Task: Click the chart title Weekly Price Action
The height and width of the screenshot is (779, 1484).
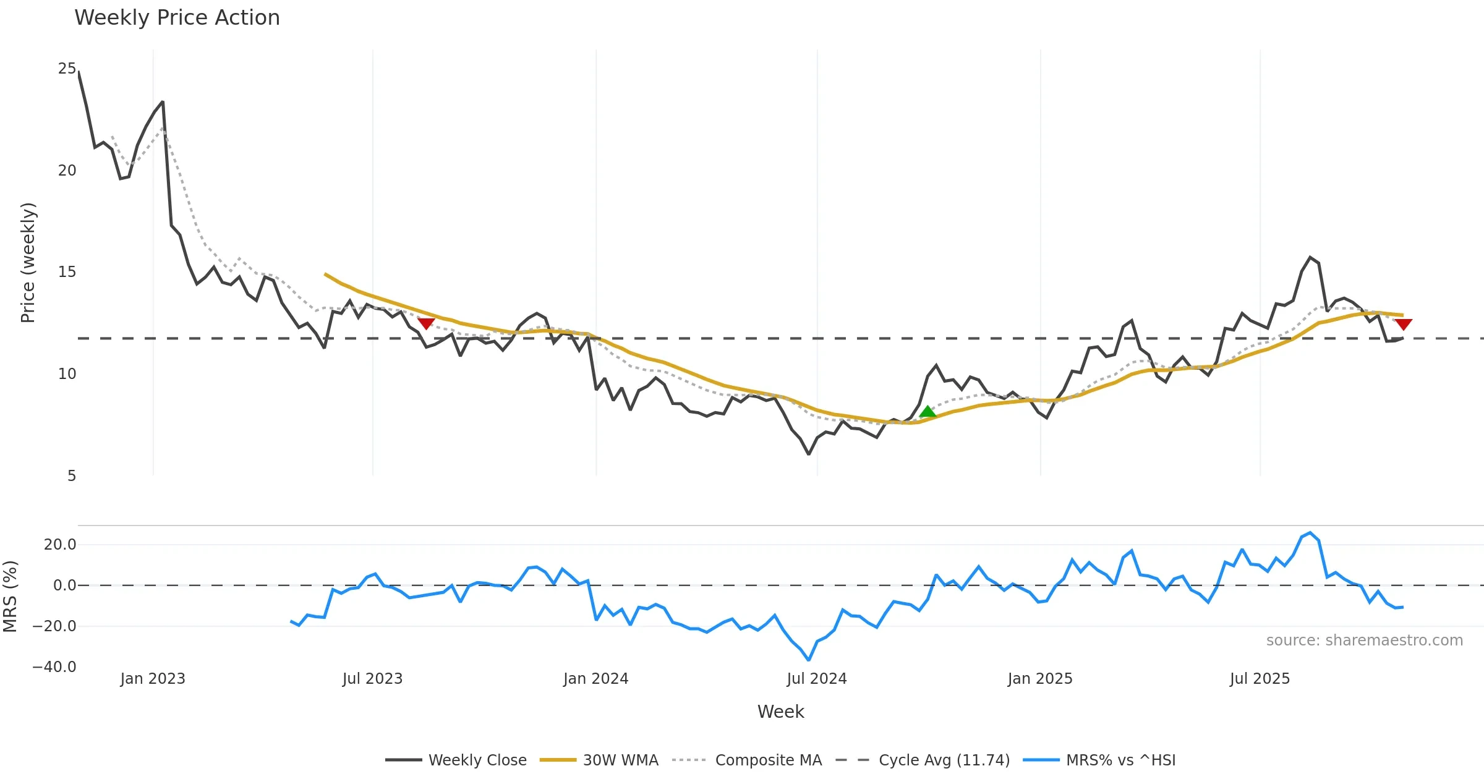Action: tap(177, 18)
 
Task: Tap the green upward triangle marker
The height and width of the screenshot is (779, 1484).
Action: tap(927, 412)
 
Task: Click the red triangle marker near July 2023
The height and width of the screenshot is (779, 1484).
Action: tap(426, 323)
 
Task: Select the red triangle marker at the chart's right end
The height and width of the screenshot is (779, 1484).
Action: tap(1403, 324)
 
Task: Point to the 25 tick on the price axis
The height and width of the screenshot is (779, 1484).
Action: tap(67, 69)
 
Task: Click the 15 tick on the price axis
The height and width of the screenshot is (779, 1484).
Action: tap(67, 272)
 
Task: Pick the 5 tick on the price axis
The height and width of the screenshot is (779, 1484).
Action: tap(72, 476)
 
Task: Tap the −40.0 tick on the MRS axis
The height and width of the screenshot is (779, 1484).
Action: tap(54, 667)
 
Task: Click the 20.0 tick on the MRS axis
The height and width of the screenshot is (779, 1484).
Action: tap(60, 545)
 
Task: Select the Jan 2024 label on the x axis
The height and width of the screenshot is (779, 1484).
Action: tap(595, 679)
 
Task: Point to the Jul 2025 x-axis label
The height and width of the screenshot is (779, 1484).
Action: tap(1260, 679)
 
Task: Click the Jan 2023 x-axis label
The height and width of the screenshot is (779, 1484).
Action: tap(153, 679)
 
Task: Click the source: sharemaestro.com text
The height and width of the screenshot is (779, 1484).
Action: tap(1364, 641)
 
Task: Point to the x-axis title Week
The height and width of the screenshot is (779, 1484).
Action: tap(780, 712)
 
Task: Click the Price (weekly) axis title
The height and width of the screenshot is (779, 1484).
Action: tap(28, 263)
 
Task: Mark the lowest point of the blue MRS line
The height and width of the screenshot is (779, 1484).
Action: tap(808, 660)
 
